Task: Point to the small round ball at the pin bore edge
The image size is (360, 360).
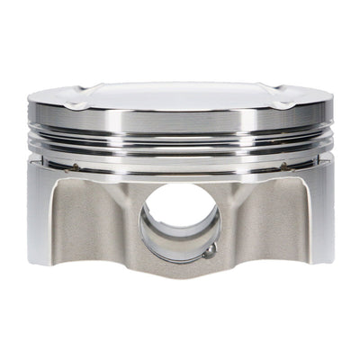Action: (208, 253)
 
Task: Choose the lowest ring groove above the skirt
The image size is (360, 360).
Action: (180, 158)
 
